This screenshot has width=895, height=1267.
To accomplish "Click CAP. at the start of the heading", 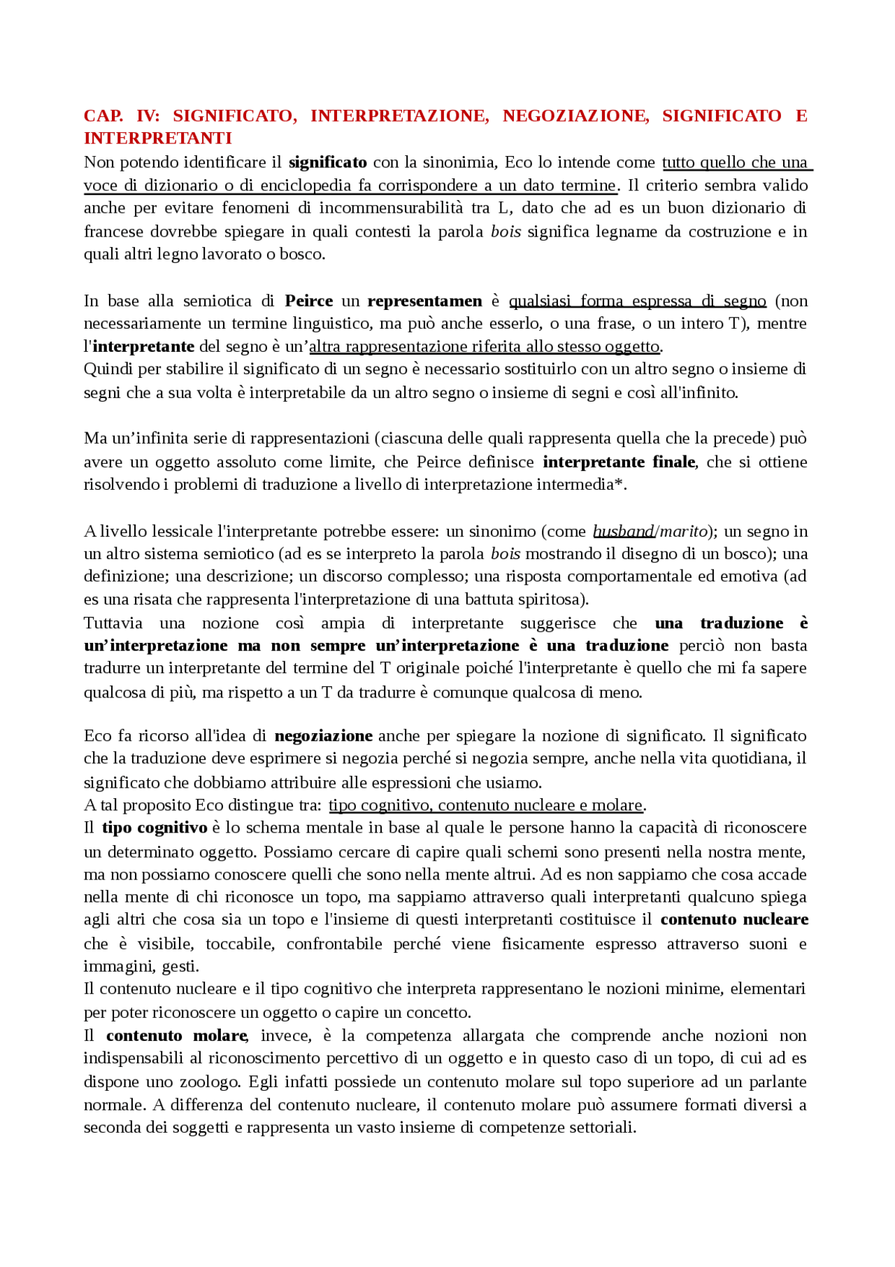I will point(103,116).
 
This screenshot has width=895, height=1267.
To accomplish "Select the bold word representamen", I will point(424,302).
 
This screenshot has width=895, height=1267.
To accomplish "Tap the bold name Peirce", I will point(308,302).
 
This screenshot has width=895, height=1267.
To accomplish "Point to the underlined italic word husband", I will point(623,532).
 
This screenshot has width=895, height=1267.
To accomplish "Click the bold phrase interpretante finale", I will point(619,462).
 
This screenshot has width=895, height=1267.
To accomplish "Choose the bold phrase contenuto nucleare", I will point(734,920).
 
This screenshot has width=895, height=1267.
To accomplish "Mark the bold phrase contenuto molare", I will point(177,1036).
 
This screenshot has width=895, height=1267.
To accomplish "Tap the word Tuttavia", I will point(113,623).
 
